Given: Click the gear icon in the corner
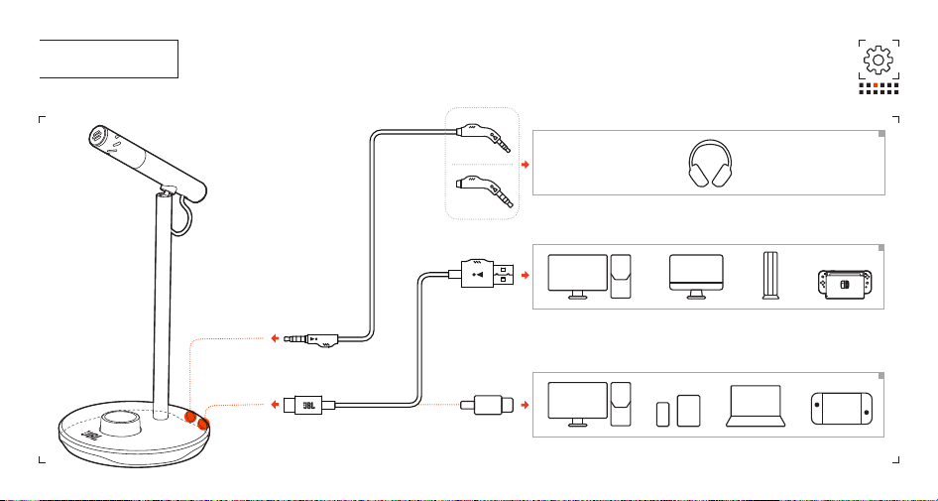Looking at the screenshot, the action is tap(879, 60).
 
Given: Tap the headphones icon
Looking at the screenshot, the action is tap(710, 164).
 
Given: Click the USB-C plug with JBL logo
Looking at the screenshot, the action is tap(309, 405).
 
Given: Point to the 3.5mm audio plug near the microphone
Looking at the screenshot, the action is tap(311, 339).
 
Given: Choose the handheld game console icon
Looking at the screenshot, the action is tap(841, 409).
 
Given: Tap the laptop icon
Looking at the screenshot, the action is tap(756, 406).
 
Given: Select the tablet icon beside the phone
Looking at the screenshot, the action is tap(688, 411).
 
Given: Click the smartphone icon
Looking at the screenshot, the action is tap(662, 415).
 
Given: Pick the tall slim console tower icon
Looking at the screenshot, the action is tap(770, 276).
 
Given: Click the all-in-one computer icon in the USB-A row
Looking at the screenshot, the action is tap(696, 277).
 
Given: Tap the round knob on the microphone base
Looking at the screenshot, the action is tap(120, 424).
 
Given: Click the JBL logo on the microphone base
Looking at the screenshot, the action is tap(89, 437).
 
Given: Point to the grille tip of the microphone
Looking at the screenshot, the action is tap(96, 137).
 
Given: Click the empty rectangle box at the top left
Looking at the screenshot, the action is tap(109, 59).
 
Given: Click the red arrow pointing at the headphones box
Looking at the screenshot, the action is tap(526, 164).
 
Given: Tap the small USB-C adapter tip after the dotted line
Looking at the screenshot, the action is tap(487, 405).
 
